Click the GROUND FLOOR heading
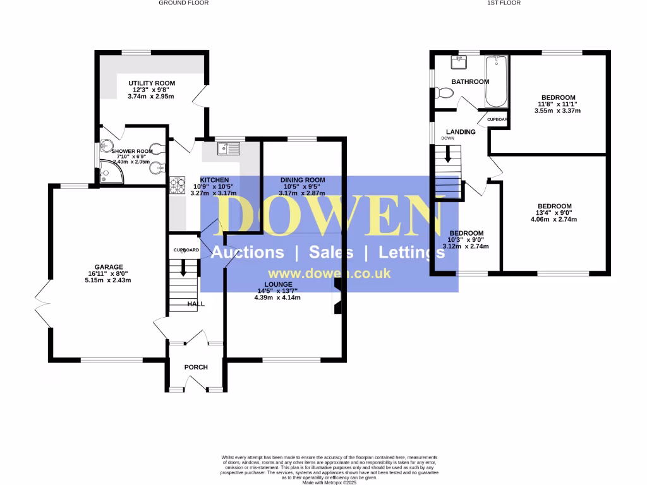click(x=183, y=3)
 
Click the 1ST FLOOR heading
click(x=504, y=3)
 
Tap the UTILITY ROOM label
click(x=152, y=83)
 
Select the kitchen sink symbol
click(x=229, y=149)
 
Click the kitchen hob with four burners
click(x=175, y=183)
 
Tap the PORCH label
click(x=196, y=367)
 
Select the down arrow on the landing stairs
click(x=449, y=155)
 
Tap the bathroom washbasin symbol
click(x=458, y=63)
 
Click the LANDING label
click(x=461, y=131)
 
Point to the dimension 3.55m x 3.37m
click(x=557, y=111)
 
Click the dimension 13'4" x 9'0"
click(x=554, y=213)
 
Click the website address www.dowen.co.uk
click(x=329, y=274)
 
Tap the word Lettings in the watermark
click(x=411, y=253)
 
